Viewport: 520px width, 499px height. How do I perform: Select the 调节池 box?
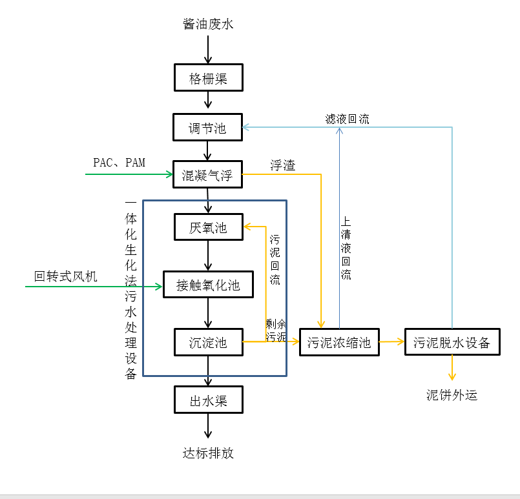coord(207,127)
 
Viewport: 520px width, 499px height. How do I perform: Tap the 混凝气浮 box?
coord(207,174)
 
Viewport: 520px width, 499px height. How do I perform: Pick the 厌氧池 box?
coord(208,227)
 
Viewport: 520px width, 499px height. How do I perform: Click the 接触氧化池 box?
coord(208,285)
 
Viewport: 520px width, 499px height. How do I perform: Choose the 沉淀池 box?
coord(208,342)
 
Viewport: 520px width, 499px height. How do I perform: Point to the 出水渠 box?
coord(208,400)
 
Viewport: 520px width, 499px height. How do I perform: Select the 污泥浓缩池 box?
coord(339,342)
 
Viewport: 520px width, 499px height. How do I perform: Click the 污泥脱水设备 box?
coord(452,342)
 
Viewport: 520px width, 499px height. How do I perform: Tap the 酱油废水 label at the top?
coord(208,25)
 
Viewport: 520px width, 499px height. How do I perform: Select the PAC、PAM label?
coord(119,163)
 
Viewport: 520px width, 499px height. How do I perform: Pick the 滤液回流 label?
coord(348,119)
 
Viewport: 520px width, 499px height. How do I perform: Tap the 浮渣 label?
coord(282,166)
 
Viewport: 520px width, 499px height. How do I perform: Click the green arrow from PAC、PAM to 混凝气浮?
coord(129,174)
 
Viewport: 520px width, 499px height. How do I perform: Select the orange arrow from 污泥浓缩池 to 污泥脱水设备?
coord(391,342)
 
